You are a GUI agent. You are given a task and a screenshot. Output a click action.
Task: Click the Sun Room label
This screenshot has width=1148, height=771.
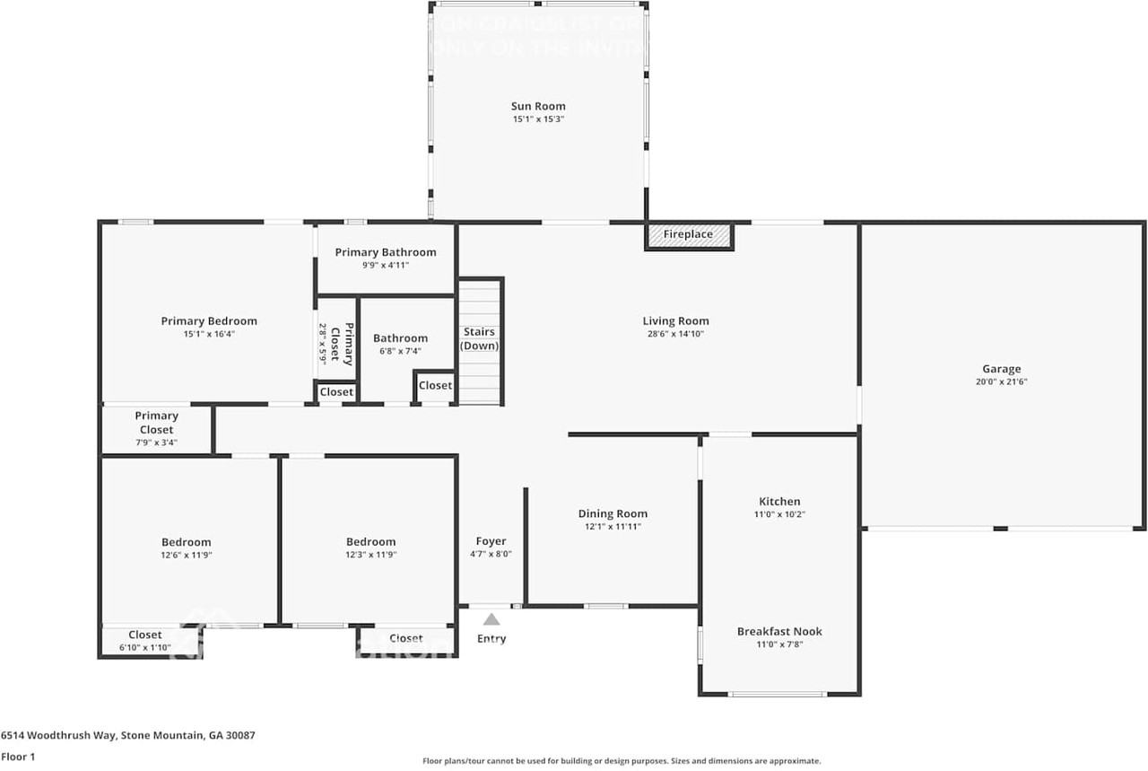[x=538, y=106]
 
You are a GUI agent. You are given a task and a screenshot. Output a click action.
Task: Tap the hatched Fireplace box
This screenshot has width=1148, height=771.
[x=689, y=235]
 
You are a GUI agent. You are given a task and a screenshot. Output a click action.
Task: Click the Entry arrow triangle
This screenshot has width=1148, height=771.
[x=491, y=619]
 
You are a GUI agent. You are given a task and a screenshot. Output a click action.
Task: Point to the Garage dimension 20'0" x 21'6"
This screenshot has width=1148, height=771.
[x=1001, y=381]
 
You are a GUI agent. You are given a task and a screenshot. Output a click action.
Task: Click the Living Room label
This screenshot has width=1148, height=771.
[x=675, y=320]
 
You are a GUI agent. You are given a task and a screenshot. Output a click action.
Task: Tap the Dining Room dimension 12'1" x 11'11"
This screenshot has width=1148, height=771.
[x=613, y=527]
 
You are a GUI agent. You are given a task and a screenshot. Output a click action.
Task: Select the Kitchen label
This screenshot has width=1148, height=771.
[x=779, y=502]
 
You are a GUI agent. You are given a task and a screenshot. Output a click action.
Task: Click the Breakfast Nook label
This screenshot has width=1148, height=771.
[x=779, y=631]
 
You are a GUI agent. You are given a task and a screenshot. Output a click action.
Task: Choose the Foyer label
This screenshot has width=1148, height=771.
[x=491, y=541]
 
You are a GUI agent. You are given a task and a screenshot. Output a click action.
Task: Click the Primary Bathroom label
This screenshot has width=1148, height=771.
[x=386, y=252]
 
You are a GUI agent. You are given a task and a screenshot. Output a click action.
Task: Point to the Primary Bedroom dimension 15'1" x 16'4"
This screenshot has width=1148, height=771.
[x=209, y=334]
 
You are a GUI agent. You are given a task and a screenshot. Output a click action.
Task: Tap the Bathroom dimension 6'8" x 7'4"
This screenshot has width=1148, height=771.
[x=400, y=351]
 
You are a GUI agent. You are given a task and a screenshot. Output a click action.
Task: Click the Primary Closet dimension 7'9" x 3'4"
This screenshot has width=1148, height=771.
[x=157, y=442]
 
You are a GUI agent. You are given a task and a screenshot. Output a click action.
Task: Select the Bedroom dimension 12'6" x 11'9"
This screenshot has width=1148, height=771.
[x=187, y=555]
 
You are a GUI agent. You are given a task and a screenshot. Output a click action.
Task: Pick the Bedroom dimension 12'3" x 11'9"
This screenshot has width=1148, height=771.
[x=370, y=555]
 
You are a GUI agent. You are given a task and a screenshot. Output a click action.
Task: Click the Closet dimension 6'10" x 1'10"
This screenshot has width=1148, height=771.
[x=145, y=648]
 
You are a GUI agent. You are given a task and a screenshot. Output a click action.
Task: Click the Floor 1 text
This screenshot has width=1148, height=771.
[x=18, y=757]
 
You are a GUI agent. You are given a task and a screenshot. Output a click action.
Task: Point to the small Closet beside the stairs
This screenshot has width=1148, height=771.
[x=436, y=385]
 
